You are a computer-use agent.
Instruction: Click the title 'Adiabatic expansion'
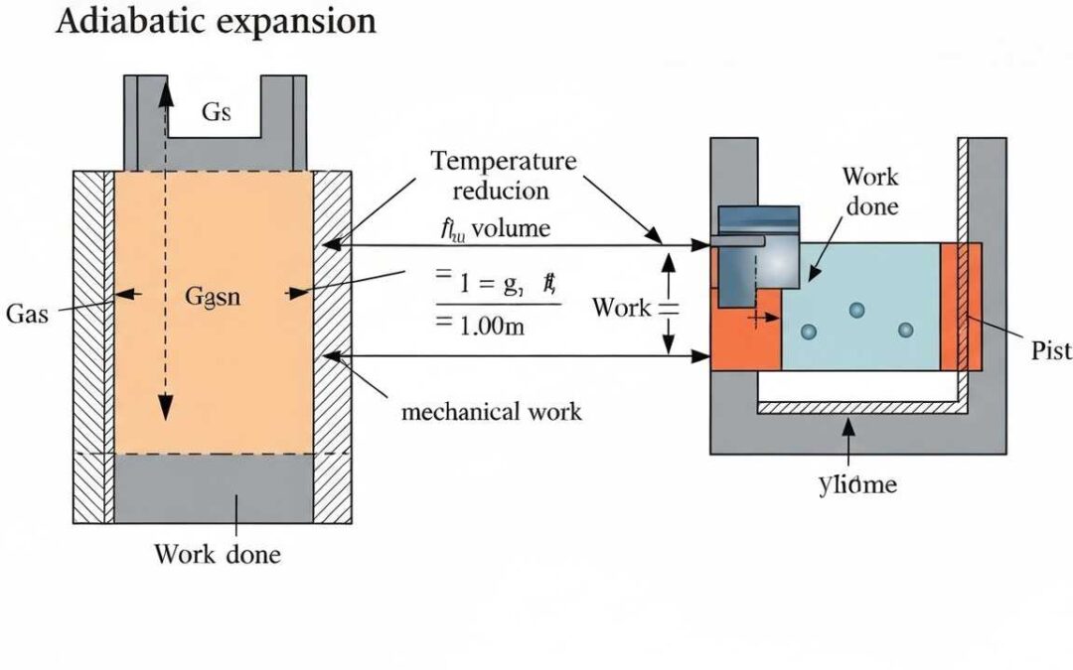coord(216,22)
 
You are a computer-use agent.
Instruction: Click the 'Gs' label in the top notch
coord(216,112)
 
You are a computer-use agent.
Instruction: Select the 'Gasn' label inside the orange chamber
coord(214,295)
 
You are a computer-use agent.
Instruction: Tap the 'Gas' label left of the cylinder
coord(27,314)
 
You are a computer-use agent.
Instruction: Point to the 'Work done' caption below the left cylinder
coord(217,554)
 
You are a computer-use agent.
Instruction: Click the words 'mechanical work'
coord(491,411)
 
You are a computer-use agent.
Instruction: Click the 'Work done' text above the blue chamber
coord(870,192)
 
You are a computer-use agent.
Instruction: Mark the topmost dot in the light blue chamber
coord(857,311)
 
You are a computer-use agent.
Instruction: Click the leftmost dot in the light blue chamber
coord(809,331)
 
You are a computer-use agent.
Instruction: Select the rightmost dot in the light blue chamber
coord(904,331)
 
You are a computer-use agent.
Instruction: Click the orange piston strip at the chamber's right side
coord(961,306)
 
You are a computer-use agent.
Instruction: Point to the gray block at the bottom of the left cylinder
coord(214,487)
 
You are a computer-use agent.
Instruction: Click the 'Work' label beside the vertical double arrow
coord(621,307)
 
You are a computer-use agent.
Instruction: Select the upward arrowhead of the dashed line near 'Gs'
coord(165,82)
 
